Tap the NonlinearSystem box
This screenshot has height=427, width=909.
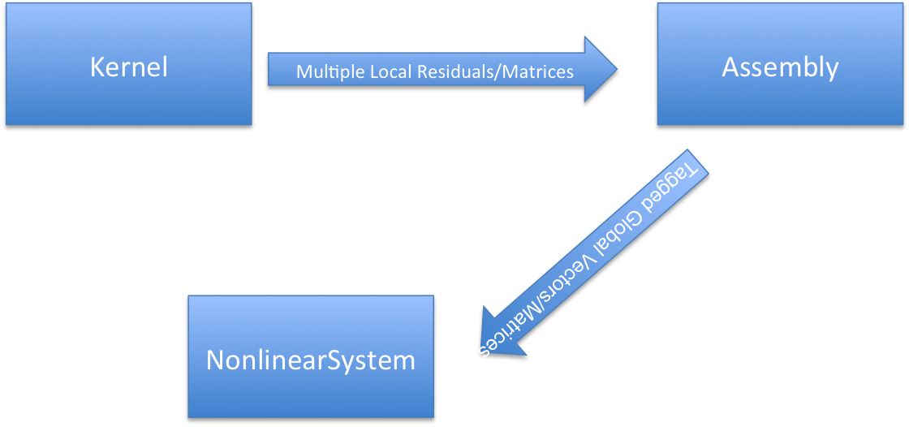tap(311, 390)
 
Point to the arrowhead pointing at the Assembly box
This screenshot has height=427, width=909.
tap(601, 69)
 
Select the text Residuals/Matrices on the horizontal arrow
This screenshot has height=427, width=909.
tap(495, 71)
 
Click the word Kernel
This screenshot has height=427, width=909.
tap(128, 67)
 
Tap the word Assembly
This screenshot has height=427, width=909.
tap(780, 67)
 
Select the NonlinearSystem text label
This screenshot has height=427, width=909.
tap(311, 360)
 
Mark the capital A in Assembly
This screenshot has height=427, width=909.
tap(730, 67)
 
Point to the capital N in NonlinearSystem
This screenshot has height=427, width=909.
tap(216, 360)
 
